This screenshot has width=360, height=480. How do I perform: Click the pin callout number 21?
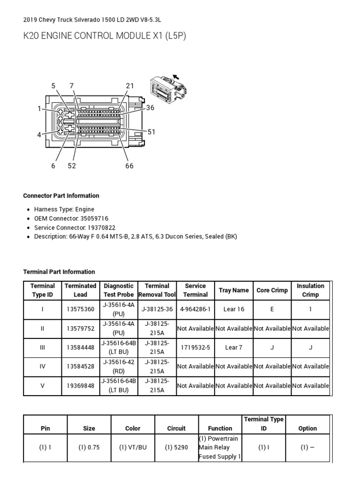click(x=130, y=86)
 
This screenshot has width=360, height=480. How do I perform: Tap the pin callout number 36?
click(x=150, y=108)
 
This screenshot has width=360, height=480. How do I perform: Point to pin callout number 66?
click(x=129, y=165)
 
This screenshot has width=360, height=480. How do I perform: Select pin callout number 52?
click(x=72, y=165)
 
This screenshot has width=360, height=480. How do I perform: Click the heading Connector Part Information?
click(x=61, y=196)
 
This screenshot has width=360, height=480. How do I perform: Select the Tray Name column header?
click(x=233, y=290)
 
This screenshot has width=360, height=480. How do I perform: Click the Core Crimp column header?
click(x=272, y=290)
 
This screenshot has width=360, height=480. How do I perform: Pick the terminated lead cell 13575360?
click(x=80, y=309)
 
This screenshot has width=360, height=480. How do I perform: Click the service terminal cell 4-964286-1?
click(x=195, y=309)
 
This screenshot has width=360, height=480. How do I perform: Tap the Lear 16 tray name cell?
click(x=233, y=309)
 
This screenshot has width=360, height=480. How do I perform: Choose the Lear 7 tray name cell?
click(x=233, y=348)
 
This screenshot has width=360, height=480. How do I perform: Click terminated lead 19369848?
click(x=80, y=386)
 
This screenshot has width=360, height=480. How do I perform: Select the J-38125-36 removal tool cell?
click(x=157, y=309)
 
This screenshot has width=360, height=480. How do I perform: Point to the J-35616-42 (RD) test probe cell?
click(x=119, y=367)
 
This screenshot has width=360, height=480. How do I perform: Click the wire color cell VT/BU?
click(x=133, y=447)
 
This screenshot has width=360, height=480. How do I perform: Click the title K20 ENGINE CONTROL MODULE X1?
click(x=105, y=37)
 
